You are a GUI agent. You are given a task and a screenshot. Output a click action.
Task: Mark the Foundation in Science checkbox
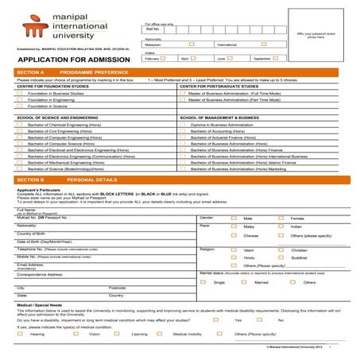coord(20,106)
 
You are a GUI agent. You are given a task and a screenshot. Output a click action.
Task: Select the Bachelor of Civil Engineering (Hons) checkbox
coord(20,130)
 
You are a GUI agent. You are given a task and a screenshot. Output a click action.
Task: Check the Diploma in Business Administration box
coord(183,124)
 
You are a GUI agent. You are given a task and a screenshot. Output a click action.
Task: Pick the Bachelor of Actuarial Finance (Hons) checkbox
coord(183,137)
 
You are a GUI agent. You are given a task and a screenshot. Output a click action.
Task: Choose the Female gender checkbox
coord(284,218)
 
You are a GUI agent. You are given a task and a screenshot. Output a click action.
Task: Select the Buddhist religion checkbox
coord(284,257)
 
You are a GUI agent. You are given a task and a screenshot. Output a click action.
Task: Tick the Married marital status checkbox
coord(246,282)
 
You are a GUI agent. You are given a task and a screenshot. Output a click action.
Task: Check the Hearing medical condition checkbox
coord(20,335)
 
